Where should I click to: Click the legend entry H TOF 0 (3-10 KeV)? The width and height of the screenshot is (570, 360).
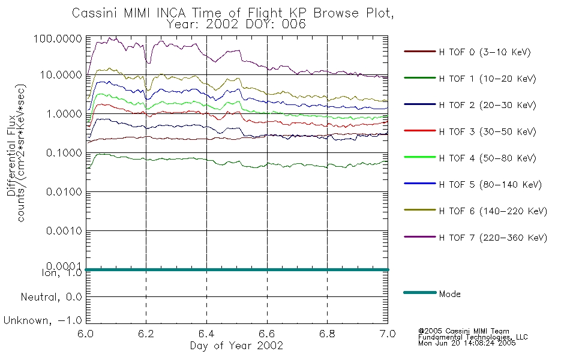point(485,52)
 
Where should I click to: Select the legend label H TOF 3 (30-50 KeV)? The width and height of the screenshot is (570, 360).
point(487,131)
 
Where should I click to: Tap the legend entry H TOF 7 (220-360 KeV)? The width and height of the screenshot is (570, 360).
point(493,238)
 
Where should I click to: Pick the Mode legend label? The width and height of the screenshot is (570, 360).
point(449,294)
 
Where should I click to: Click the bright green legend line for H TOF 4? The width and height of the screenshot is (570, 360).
point(420,157)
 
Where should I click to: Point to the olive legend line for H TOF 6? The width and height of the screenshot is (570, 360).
point(420,210)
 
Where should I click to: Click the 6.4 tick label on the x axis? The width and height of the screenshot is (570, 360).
point(206,334)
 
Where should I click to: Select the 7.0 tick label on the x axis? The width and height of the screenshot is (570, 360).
point(388,334)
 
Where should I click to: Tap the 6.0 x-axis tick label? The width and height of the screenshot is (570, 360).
point(86,334)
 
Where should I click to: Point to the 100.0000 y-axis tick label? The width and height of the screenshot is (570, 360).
point(58,38)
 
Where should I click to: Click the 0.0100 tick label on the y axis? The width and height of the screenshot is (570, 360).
point(64,191)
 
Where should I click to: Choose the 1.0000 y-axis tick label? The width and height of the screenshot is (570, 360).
point(64,114)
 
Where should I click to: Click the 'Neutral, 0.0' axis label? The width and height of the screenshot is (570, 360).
point(51,298)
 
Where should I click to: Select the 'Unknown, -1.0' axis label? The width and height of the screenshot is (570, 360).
point(43,321)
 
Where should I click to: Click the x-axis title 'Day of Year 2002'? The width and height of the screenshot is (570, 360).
point(236,346)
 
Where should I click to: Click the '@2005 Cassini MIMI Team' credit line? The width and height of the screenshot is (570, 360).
point(463,331)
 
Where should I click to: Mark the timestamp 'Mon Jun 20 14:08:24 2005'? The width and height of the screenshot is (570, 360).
point(467,343)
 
